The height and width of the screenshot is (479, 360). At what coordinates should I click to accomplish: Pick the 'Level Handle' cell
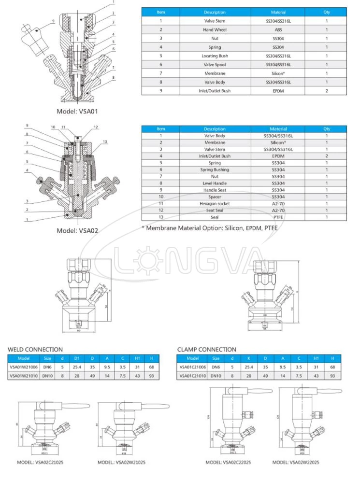click(215, 183)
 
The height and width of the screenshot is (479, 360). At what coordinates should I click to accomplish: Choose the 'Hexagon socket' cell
click(215, 204)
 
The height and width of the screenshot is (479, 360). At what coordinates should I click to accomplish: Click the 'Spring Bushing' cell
click(215, 170)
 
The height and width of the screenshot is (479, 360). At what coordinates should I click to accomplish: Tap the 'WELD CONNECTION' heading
click(35, 349)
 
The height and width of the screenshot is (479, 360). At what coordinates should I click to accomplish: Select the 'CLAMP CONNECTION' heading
click(207, 349)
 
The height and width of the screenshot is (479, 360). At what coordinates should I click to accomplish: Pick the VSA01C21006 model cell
click(193, 367)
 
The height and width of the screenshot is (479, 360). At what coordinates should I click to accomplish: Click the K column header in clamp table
click(249, 358)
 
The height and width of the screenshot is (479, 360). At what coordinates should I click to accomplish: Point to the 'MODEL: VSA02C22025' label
click(230, 462)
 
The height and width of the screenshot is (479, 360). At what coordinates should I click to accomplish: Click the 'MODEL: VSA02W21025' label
click(121, 462)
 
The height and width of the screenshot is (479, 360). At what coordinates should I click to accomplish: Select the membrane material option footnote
click(210, 228)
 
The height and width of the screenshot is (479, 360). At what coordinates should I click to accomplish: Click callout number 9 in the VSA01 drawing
click(53, 21)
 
